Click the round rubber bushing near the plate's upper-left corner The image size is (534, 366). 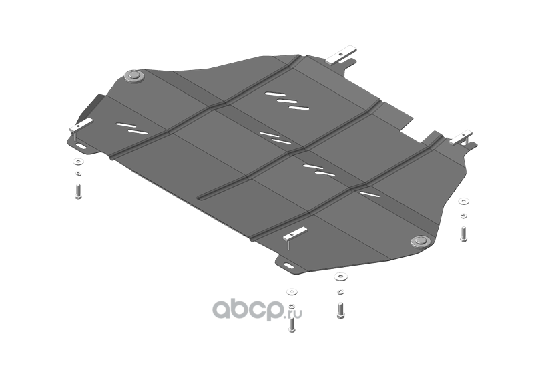[x=135, y=76]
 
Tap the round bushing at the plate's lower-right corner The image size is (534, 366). [x=421, y=242]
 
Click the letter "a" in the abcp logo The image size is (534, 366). [x=224, y=310]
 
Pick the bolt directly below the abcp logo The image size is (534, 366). [x=292, y=325]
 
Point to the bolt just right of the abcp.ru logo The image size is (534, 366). [x=340, y=311]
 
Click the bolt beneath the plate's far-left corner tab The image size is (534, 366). [x=78, y=191]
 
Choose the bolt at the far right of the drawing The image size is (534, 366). [x=463, y=234]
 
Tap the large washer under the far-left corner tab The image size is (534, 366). [x=78, y=162]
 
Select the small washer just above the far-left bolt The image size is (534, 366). [x=78, y=174]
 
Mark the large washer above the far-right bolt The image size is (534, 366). [x=463, y=202]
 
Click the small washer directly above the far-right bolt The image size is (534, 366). [x=463, y=216]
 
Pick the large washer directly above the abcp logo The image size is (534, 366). [x=292, y=292]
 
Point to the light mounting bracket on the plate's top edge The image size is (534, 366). [x=341, y=55]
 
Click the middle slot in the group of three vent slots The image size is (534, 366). [x=287, y=102]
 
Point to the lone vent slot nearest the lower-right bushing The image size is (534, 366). [x=370, y=194]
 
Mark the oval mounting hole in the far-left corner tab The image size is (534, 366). [x=81, y=146]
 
